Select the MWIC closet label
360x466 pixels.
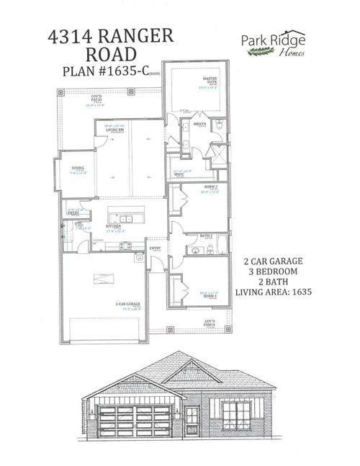click(180, 174)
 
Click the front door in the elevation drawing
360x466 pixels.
click(191, 420)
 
